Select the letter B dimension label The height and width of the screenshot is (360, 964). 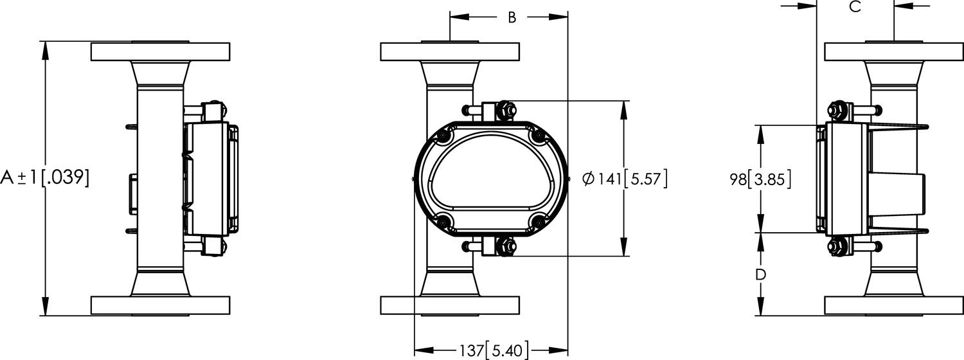pyautogui.click(x=512, y=17)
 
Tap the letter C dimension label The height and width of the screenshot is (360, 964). pyautogui.click(x=855, y=7)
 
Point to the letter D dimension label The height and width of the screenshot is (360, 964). pyautogui.click(x=761, y=274)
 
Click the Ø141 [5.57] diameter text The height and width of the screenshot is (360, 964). pyautogui.click(x=625, y=179)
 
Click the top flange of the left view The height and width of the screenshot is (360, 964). pyautogui.click(x=160, y=51)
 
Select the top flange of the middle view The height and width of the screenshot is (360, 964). pyautogui.click(x=449, y=51)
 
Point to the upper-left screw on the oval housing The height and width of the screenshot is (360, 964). pyautogui.click(x=443, y=136)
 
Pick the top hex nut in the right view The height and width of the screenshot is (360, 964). pyautogui.click(x=837, y=111)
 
